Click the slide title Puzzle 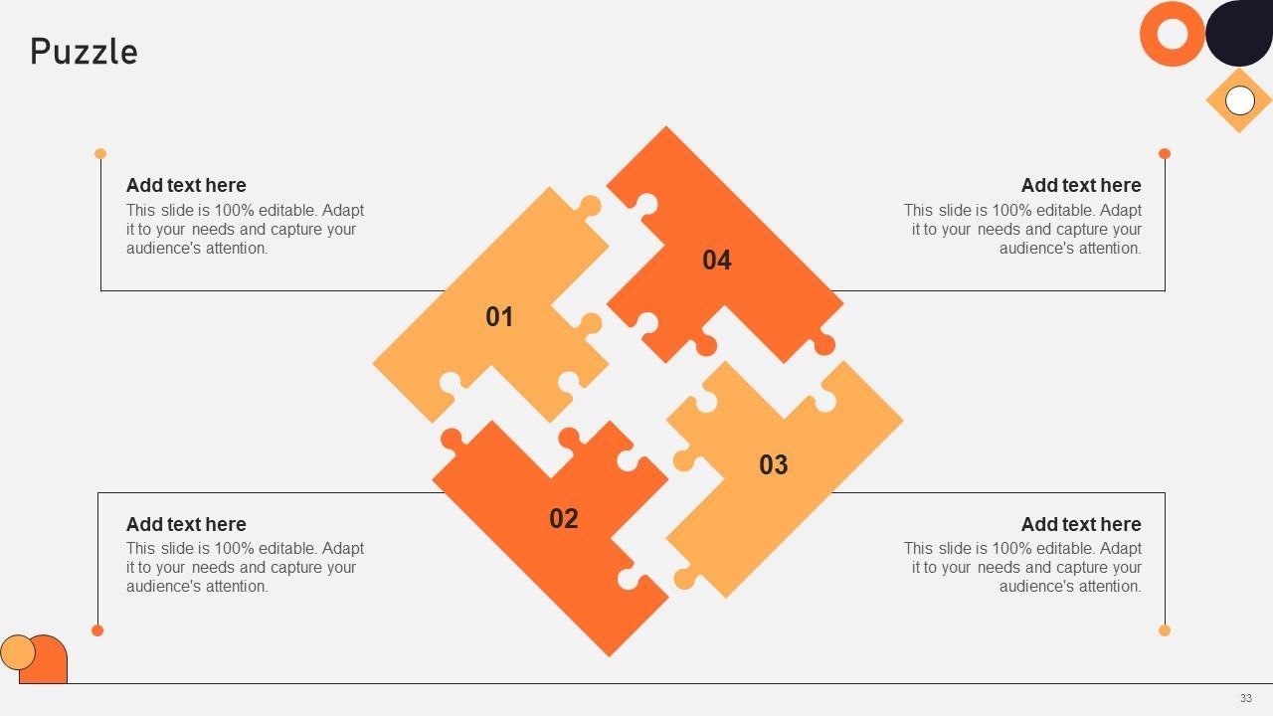pos(85,53)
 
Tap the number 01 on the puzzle pos(499,317)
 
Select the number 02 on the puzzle pos(564,519)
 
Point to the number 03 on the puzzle pos(774,464)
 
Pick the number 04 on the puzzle pos(717,261)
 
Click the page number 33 pos(1246,698)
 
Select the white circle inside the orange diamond pos(1239,100)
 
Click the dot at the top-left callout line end pos(100,153)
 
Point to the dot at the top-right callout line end pos(1165,153)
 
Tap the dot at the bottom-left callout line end pos(97,630)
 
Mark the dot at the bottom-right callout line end pos(1165,630)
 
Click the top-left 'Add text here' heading pos(186,185)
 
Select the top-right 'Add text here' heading pos(1081,185)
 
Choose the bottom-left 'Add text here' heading pos(186,524)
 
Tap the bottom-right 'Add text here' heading pos(1081,524)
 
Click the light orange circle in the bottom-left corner pos(18,652)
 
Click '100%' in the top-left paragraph pos(234,210)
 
